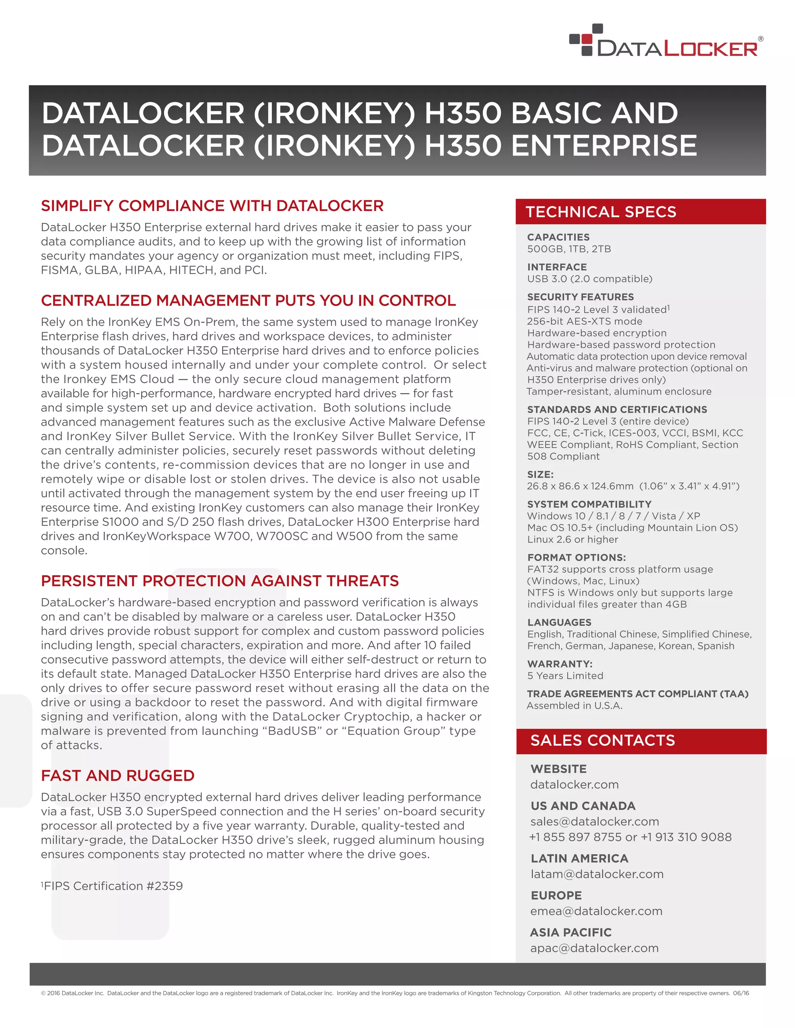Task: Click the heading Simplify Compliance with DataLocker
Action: [212, 206]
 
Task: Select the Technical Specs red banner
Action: [640, 212]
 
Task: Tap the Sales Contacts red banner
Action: [641, 741]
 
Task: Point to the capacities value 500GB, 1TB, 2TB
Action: [569, 249]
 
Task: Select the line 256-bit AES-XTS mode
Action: [585, 322]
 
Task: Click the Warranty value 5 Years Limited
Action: [565, 676]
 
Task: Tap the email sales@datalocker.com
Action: [594, 821]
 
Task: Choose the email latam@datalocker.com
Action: [597, 874]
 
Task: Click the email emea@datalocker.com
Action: [596, 911]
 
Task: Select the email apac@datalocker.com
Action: [594, 948]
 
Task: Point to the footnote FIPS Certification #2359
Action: [112, 886]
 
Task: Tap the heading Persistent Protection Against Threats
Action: [219, 581]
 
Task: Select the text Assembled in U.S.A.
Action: [575, 706]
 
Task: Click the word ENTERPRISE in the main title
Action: [603, 145]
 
